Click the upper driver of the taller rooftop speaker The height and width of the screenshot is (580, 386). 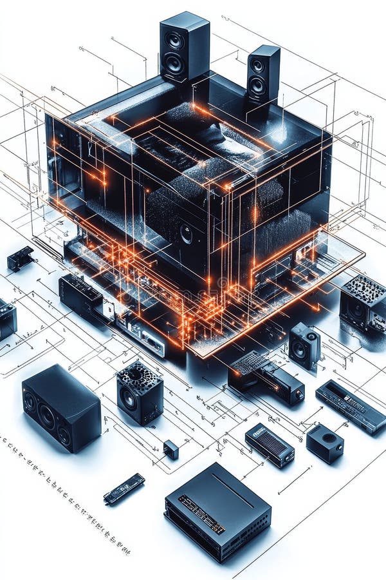174,41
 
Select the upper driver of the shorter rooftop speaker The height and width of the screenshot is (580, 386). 258,66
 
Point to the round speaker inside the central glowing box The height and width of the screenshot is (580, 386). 186,233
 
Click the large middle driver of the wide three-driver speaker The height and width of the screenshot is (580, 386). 46,416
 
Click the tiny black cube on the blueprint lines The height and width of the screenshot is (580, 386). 170,449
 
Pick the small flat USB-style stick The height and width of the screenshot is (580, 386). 124,488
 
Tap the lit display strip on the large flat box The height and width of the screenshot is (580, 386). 201,514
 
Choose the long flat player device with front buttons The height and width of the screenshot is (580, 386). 351,406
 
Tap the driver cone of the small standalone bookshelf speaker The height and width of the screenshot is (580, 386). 299,349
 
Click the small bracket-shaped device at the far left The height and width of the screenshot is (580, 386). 20,258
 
